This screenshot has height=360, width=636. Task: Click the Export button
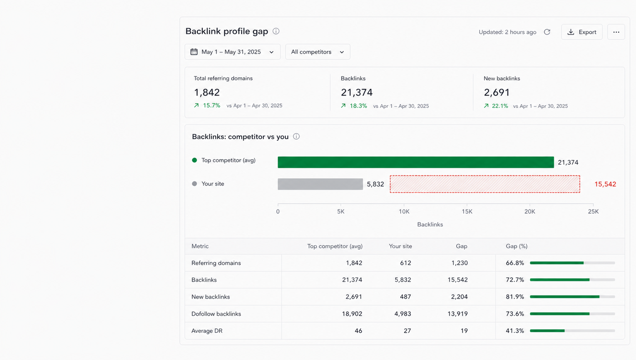pos(582,32)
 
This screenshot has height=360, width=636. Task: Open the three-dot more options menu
pos(616,32)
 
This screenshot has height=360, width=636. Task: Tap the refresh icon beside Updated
pos(547,32)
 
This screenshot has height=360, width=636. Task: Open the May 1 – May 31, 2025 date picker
pos(233,52)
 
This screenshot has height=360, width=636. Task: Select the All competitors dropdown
pos(318,52)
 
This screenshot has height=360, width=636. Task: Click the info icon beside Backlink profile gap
pos(276,31)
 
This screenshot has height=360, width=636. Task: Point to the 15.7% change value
pos(212,105)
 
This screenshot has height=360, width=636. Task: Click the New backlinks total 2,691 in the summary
pos(497,92)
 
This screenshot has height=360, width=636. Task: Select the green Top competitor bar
pos(416,162)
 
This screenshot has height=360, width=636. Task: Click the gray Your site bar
pos(320,184)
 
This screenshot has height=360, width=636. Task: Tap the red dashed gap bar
pos(485,184)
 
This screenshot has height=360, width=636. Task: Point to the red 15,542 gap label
pos(605,184)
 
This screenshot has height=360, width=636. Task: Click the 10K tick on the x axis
pos(404,211)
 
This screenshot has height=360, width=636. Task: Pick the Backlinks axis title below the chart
pos(430,225)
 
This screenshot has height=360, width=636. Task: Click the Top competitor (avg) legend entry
pos(224,160)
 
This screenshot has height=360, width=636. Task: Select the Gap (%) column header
pos(517,246)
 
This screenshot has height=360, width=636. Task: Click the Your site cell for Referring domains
pos(405,263)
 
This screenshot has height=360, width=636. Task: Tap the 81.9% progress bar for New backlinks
pos(572,297)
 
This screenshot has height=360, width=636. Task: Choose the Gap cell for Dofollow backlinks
pos(457,314)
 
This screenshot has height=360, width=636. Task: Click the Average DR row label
pos(207,331)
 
